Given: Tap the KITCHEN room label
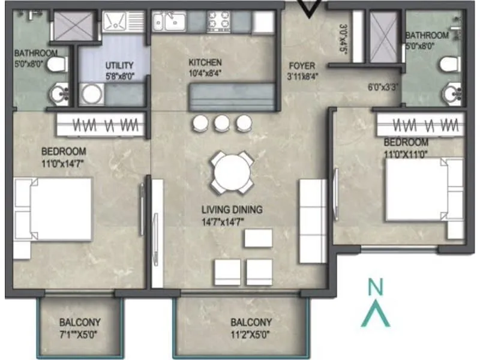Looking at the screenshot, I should [205, 62].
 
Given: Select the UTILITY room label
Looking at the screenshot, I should [119, 65].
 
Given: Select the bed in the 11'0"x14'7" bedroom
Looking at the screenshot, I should [54, 209].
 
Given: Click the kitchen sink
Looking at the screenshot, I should [169, 23].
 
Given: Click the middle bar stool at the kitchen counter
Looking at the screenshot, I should [222, 123].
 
